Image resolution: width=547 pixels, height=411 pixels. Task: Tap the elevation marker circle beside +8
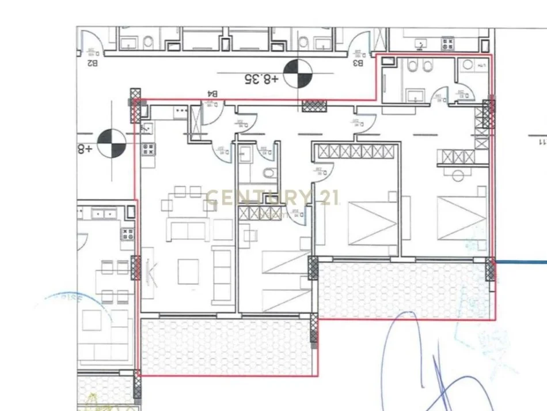click(x=112, y=144)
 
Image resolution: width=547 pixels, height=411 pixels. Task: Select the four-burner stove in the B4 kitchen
click(x=148, y=150)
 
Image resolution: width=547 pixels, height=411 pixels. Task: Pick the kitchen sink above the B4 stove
click(x=147, y=128)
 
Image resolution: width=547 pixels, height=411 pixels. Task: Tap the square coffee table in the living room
click(x=188, y=271)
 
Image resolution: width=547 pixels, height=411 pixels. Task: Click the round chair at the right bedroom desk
click(x=458, y=175)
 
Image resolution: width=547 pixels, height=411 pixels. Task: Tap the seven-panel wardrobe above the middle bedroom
click(x=354, y=152)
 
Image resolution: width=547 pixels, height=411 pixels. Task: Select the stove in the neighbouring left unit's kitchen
click(x=128, y=233)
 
